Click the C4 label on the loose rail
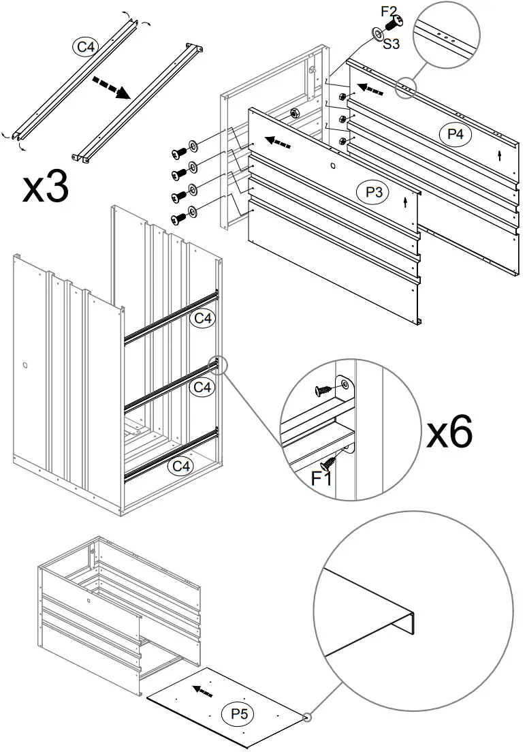(85, 46)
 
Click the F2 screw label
(388, 12)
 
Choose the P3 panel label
(373, 193)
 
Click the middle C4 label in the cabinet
(203, 388)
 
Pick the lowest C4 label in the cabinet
(181, 467)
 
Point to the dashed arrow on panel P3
(279, 142)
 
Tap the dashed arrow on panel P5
(202, 691)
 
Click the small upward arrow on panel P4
(500, 155)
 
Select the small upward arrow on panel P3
(406, 202)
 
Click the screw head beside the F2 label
(393, 24)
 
